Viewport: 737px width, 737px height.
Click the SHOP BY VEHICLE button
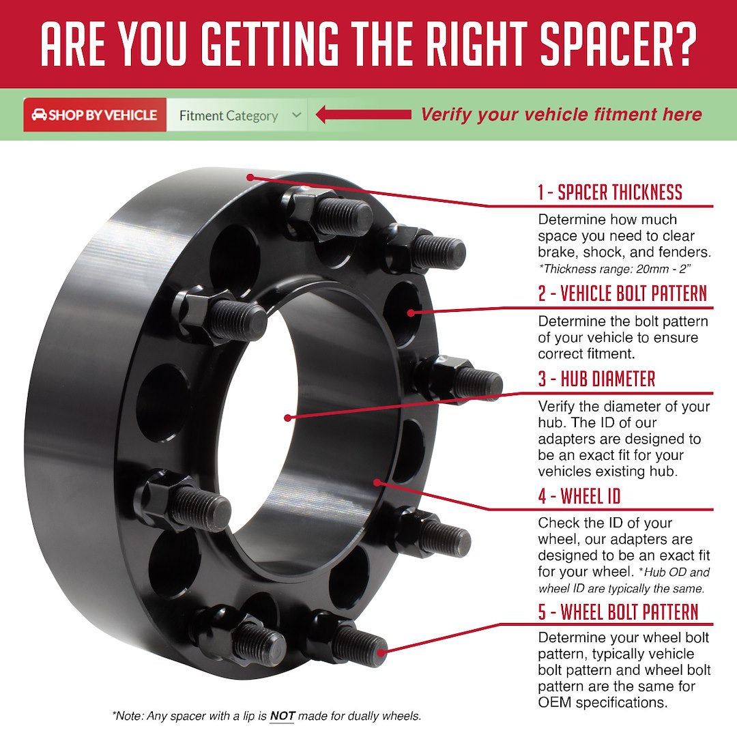tap(95, 115)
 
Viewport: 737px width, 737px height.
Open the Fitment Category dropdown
tap(236, 115)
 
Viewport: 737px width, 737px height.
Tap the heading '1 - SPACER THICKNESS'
tap(610, 192)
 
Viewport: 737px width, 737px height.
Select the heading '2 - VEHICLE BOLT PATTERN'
tap(622, 294)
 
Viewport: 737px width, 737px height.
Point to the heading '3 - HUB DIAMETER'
tap(596, 379)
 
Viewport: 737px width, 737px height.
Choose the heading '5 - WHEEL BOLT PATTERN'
tap(618, 611)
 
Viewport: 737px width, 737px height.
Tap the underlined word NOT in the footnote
tap(282, 716)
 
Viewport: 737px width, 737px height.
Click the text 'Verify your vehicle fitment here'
tap(561, 115)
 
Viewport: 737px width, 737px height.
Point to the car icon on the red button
tap(40, 115)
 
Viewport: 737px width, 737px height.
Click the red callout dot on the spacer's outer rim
tap(250, 177)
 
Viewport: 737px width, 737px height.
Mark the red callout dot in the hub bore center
tap(288, 417)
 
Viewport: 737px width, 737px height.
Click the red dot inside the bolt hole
tap(411, 313)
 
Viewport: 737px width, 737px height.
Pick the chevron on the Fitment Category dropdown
tap(296, 115)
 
